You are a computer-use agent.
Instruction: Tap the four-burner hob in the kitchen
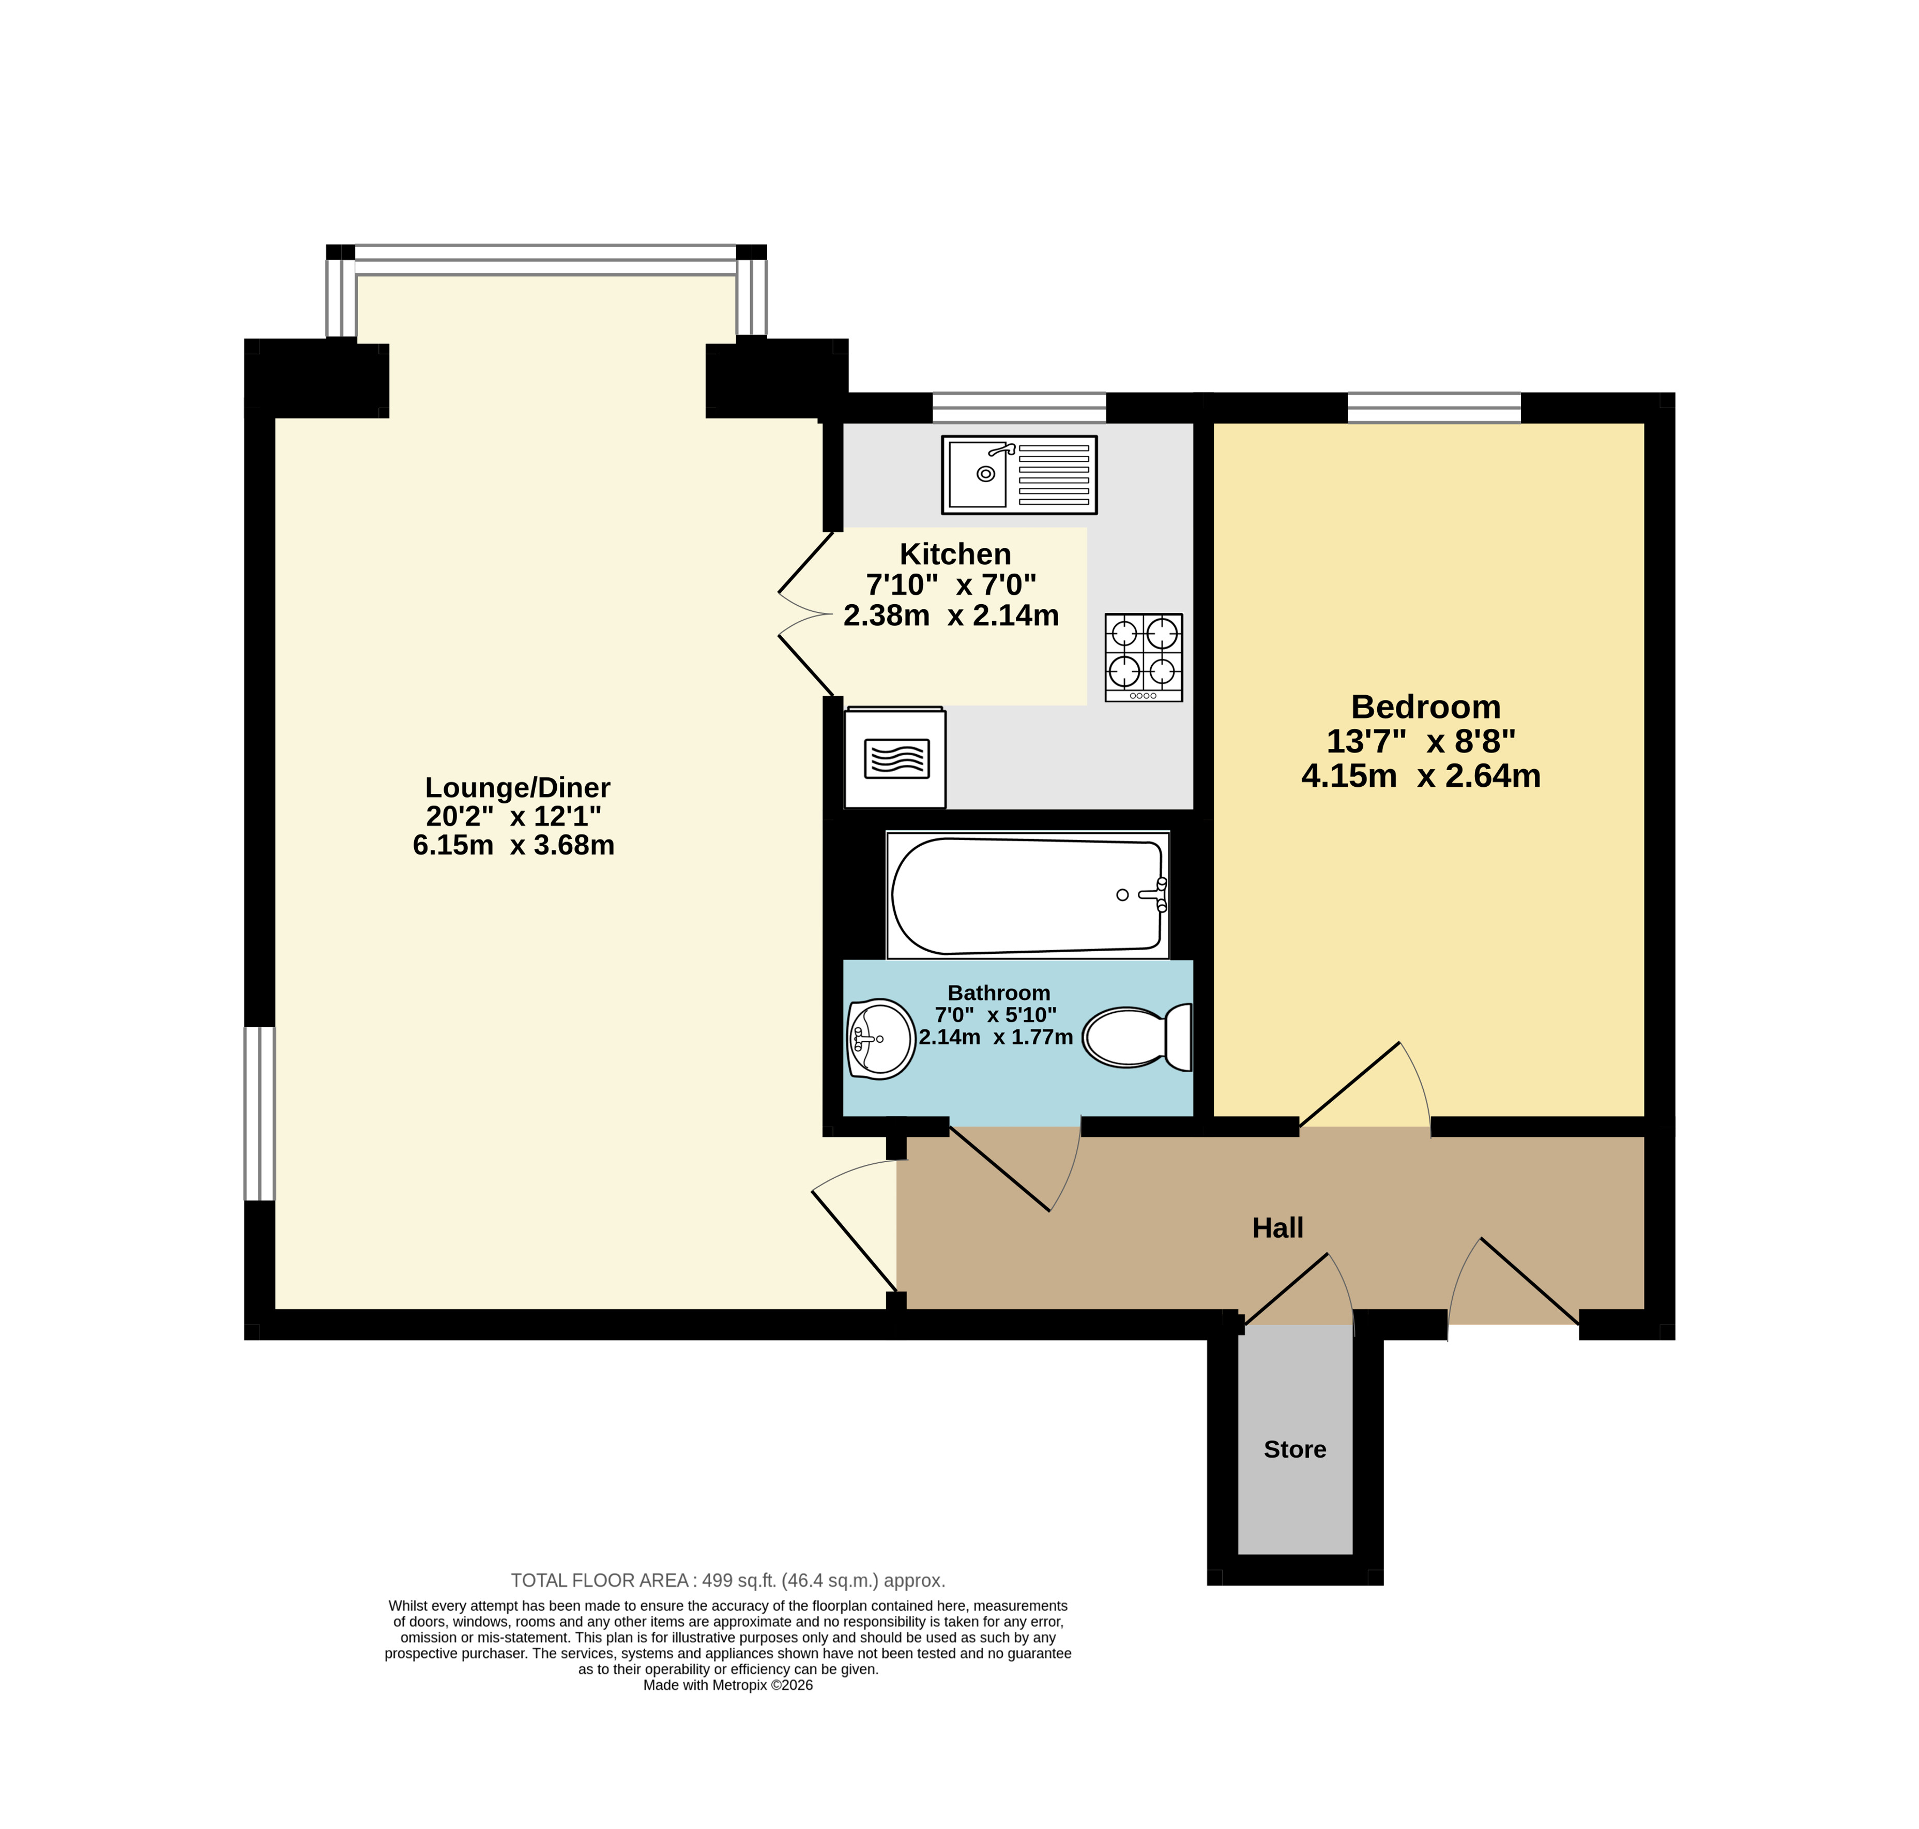click(1143, 657)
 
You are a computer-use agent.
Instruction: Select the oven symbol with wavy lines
click(896, 758)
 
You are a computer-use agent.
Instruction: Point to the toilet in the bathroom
click(1136, 1037)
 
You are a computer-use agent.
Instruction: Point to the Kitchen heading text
click(955, 554)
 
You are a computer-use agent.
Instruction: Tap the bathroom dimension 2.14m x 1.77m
click(995, 1037)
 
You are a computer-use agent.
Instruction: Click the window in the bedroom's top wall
click(1434, 408)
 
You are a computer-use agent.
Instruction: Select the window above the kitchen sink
click(1019, 408)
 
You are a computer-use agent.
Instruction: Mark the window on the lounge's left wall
click(259, 1114)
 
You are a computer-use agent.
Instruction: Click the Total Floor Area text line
click(728, 1580)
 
